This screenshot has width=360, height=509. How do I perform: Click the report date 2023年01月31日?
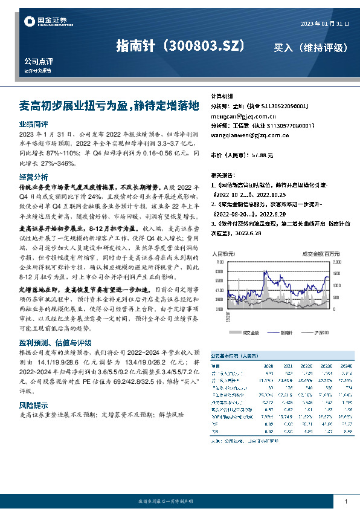[325, 24]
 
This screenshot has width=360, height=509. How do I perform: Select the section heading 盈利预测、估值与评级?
[55, 343]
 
